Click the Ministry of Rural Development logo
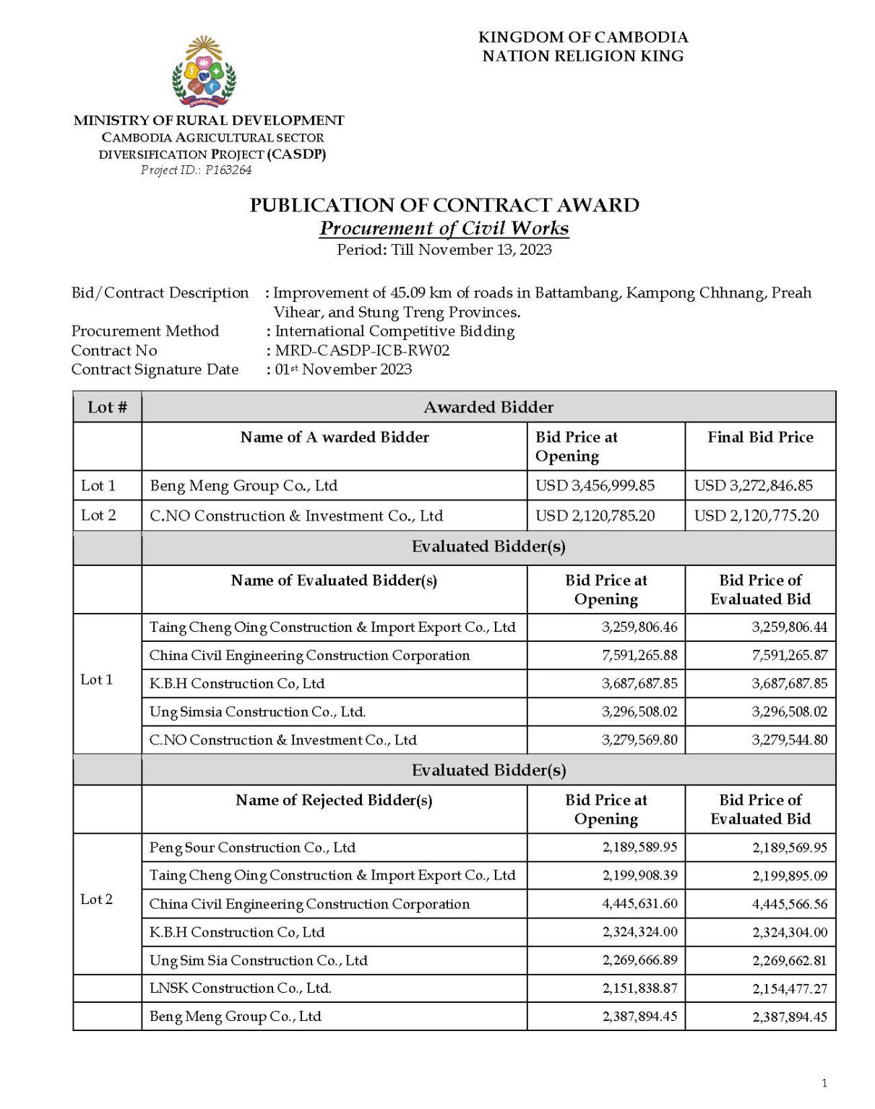(204, 72)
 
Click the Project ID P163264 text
(196, 170)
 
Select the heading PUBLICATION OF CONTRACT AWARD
(444, 206)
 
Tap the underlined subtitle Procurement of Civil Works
(444, 228)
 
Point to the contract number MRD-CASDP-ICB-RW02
(362, 351)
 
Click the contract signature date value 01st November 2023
(343, 370)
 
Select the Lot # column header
(107, 407)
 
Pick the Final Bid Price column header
(760, 438)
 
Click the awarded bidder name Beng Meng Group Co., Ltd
(243, 486)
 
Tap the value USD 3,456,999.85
(595, 486)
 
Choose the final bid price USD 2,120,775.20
(757, 516)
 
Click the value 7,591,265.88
(639, 656)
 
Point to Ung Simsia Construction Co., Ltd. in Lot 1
(257, 712)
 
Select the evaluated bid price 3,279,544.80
(789, 740)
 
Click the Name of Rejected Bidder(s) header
(334, 800)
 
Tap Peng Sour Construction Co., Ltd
(252, 848)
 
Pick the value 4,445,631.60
(639, 904)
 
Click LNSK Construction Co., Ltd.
(240, 988)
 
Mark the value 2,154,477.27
(789, 988)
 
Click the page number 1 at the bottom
(824, 1083)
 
